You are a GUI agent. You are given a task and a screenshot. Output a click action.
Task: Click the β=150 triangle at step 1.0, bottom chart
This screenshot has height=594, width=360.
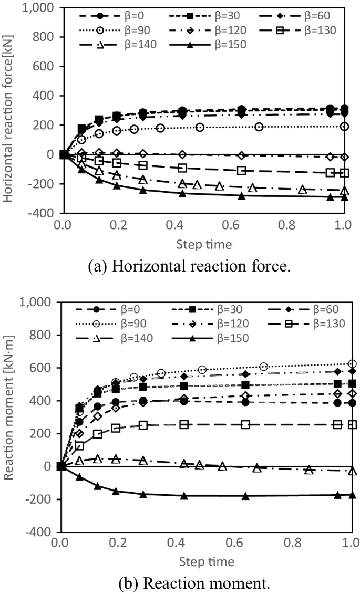[x=352, y=495]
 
